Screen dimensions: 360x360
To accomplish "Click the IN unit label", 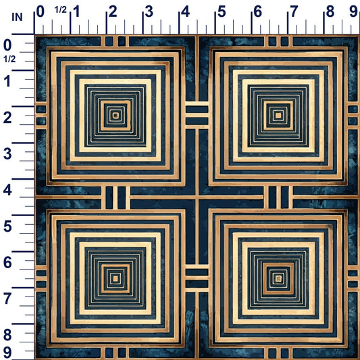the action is coord(17,17).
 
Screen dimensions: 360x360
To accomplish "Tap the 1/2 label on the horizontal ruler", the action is coord(61,9).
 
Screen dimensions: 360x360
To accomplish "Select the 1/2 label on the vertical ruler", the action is coord(9,59).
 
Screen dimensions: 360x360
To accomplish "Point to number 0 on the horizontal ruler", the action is coord(40,11).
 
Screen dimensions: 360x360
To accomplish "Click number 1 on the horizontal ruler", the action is coord(76,11).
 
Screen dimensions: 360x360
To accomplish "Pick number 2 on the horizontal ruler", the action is coord(113,11).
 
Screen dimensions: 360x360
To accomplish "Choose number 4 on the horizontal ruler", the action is coord(185,11).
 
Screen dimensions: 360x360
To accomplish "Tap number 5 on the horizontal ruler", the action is coord(222,11).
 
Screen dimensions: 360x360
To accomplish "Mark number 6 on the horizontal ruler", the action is coord(257,11).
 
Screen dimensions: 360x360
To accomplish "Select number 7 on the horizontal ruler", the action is coord(294,11).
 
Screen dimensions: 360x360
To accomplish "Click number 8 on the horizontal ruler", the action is coord(330,11).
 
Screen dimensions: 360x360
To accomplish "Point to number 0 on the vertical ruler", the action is coord(7,45).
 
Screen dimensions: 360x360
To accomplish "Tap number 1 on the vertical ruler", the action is coord(7,81).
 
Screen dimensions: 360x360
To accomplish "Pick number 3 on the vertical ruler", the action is coord(7,153).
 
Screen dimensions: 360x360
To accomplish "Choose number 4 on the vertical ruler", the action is coord(7,190).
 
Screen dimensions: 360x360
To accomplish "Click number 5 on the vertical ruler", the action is coord(7,226).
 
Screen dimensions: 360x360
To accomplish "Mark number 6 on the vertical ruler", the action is coord(7,263).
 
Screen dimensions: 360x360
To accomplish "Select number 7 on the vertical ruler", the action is coord(7,299).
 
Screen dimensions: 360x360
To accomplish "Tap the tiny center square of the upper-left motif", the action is coord(115,115).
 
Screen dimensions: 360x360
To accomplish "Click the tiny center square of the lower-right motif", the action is coord(278,278).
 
